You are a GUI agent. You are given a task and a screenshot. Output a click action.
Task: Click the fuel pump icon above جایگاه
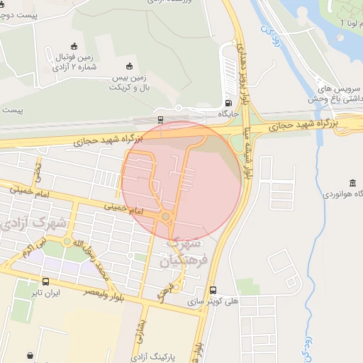[227, 101]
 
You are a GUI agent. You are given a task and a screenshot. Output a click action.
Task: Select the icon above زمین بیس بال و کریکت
[128, 66]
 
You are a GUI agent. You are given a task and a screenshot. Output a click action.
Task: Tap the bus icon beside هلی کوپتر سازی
[213, 290]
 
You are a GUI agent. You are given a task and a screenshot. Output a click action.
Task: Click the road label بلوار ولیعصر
[113, 293]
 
